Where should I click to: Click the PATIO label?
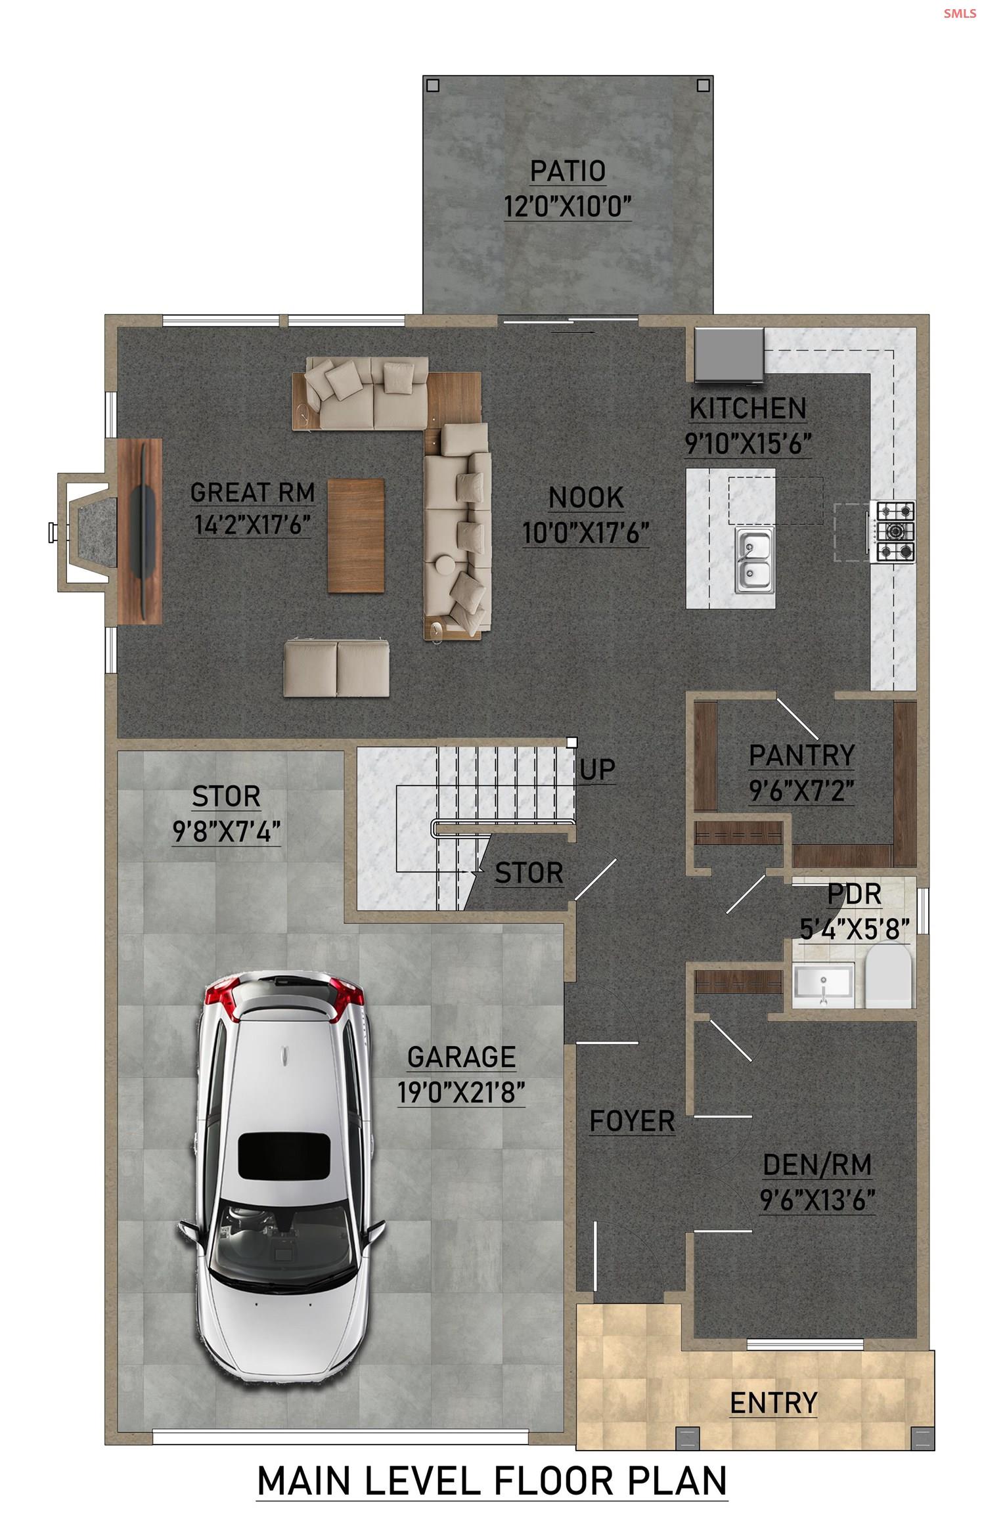[568, 171]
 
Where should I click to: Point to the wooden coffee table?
[355, 535]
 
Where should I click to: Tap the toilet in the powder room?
[888, 976]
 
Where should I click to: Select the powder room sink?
[822, 985]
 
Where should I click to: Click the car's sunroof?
[283, 1155]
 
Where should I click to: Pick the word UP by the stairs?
[597, 770]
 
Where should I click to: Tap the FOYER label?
[632, 1121]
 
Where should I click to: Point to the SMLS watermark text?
[960, 13]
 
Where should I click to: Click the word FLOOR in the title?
[554, 1481]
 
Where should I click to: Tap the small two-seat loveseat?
[336, 668]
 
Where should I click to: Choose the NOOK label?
[586, 498]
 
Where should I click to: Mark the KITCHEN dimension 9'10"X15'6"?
[748, 445]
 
